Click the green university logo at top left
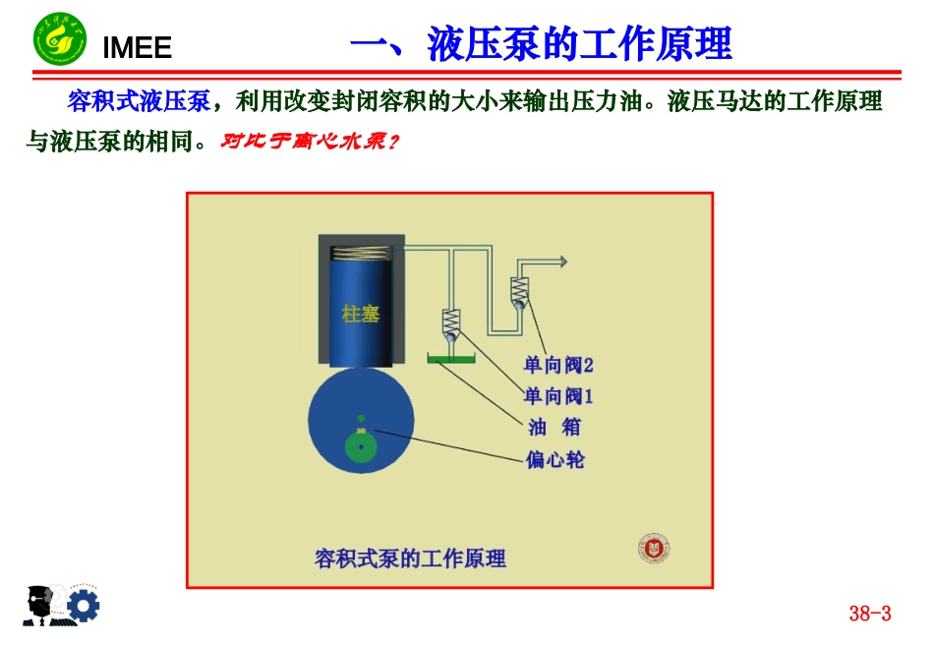click(x=59, y=39)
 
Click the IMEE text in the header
click(x=137, y=47)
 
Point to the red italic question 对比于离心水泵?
click(x=310, y=142)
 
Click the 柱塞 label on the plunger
click(x=361, y=314)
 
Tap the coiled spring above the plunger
click(x=361, y=255)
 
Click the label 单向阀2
click(x=558, y=365)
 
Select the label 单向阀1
click(x=558, y=396)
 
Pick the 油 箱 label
click(x=555, y=427)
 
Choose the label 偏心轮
click(x=555, y=459)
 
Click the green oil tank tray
click(x=451, y=360)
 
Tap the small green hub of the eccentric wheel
click(x=362, y=446)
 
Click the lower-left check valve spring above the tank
click(x=451, y=323)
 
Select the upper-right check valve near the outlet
click(x=519, y=292)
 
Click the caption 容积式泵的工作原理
click(x=411, y=559)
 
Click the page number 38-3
click(x=869, y=614)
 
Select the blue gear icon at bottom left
click(x=83, y=606)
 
